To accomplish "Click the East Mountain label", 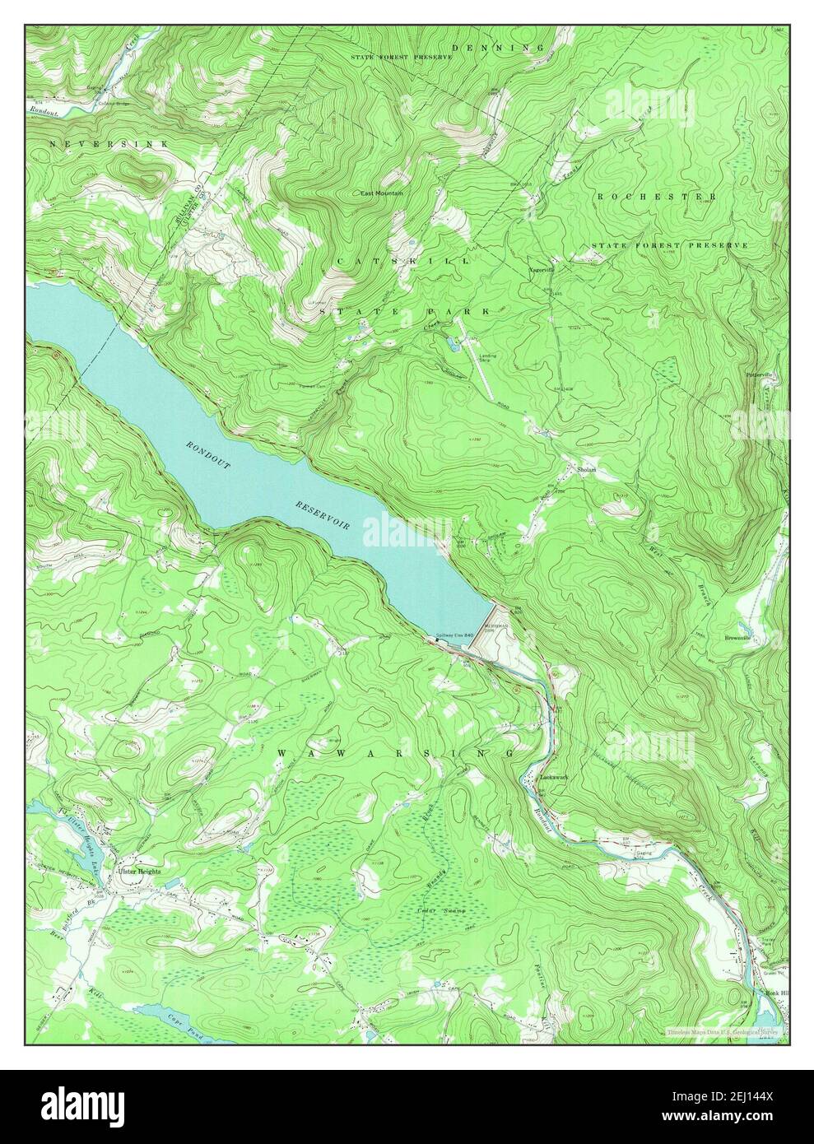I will click(x=382, y=193).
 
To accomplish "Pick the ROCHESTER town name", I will click(x=657, y=197).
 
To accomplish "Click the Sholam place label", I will click(x=585, y=470).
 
